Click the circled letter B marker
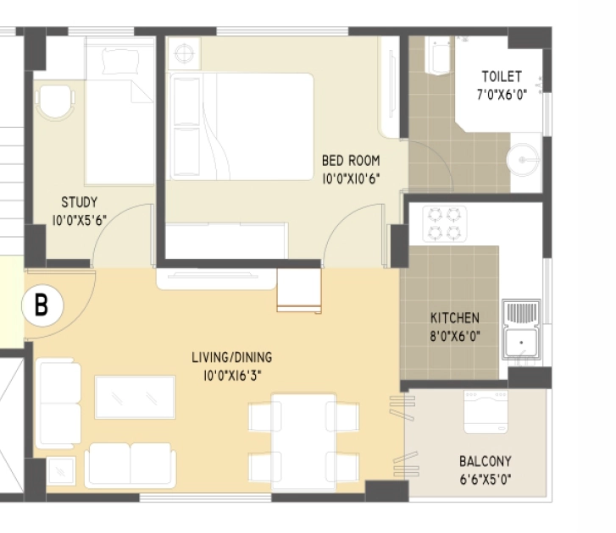42,305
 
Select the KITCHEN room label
454,317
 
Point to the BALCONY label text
486,461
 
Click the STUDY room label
79,202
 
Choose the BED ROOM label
351,161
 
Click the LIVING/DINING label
232,357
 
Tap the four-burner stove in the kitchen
445,224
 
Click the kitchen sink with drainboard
522,329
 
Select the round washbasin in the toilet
523,160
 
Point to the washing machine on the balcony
486,412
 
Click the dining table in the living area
303,442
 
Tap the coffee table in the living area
135,398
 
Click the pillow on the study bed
120,62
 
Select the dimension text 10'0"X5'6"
80,221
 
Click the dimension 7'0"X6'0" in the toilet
502,95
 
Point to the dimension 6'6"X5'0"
486,479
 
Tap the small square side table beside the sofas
61,471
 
